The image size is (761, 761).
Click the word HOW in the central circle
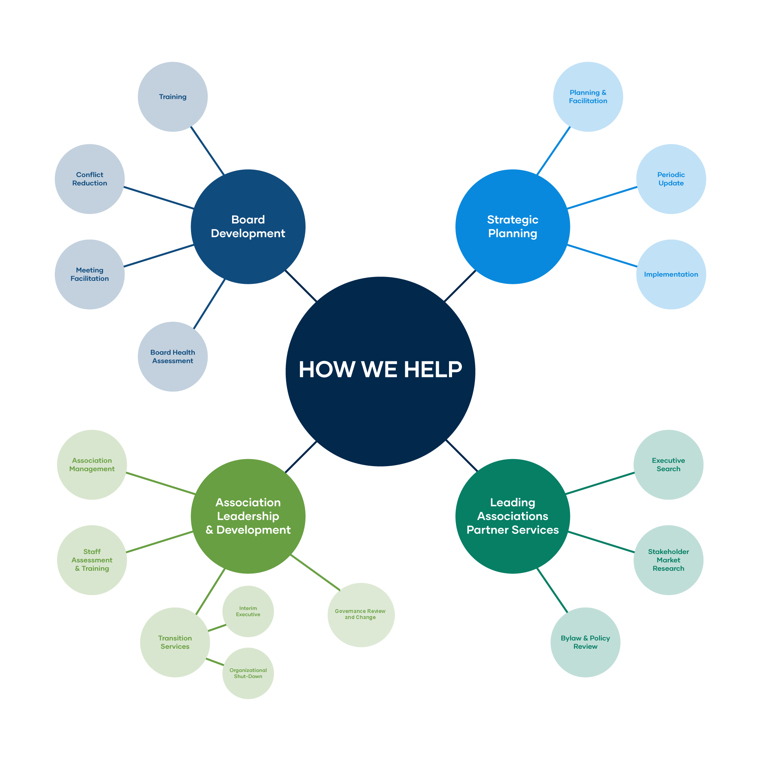click(326, 369)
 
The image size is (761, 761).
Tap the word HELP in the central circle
click(433, 369)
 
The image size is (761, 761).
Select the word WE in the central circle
click(379, 369)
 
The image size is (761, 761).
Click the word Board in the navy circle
click(248, 220)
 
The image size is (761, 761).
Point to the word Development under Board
click(248, 233)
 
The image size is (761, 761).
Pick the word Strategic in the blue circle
click(513, 220)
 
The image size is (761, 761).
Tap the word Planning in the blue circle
click(513, 233)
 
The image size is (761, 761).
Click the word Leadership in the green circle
click(248, 516)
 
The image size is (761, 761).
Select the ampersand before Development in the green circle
click(209, 530)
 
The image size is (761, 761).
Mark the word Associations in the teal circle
click(513, 516)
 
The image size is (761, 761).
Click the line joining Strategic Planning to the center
click(460, 286)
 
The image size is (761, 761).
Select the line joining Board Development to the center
click(301, 286)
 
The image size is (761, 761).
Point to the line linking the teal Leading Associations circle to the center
click(461, 456)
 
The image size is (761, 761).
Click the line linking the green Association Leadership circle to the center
click(301, 457)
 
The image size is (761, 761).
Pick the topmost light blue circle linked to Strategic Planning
click(588, 97)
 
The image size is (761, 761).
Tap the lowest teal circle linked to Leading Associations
click(585, 642)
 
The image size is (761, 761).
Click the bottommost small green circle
click(248, 673)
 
